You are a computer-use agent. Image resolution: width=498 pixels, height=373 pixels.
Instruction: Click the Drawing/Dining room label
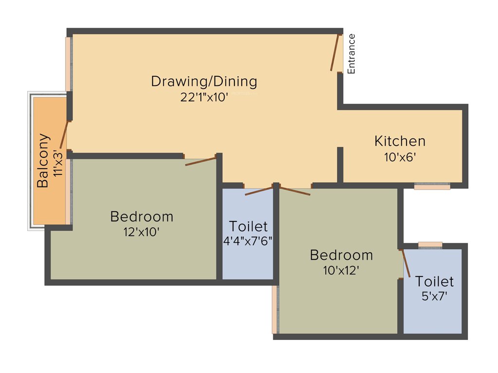click(204, 81)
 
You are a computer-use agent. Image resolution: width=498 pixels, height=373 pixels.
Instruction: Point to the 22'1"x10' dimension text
click(204, 97)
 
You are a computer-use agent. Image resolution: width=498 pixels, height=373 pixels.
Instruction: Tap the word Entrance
click(351, 53)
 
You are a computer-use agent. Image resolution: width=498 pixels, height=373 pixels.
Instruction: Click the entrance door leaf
click(336, 52)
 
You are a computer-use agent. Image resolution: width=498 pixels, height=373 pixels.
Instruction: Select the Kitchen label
click(400, 141)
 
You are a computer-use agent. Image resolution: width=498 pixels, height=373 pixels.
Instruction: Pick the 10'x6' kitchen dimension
click(400, 157)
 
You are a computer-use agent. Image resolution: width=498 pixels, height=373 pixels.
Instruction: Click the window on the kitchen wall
click(432, 186)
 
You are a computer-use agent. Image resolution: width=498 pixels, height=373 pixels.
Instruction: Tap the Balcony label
click(43, 160)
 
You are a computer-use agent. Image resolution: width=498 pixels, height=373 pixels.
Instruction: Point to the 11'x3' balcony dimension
click(58, 162)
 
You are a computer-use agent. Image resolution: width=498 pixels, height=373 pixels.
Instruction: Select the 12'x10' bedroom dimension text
click(142, 232)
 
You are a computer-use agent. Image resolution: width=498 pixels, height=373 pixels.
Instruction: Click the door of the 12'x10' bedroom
click(200, 161)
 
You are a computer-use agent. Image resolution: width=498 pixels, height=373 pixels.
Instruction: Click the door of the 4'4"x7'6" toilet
click(259, 191)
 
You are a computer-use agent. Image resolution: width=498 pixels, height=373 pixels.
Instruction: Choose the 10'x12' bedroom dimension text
click(341, 271)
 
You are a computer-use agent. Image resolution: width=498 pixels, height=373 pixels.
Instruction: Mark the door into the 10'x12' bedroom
click(295, 190)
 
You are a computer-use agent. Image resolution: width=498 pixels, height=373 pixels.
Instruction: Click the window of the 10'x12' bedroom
click(275, 309)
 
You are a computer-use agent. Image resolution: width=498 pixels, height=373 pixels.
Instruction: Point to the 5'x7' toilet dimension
click(434, 296)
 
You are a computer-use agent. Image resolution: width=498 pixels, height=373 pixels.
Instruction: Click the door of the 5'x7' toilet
click(406, 263)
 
